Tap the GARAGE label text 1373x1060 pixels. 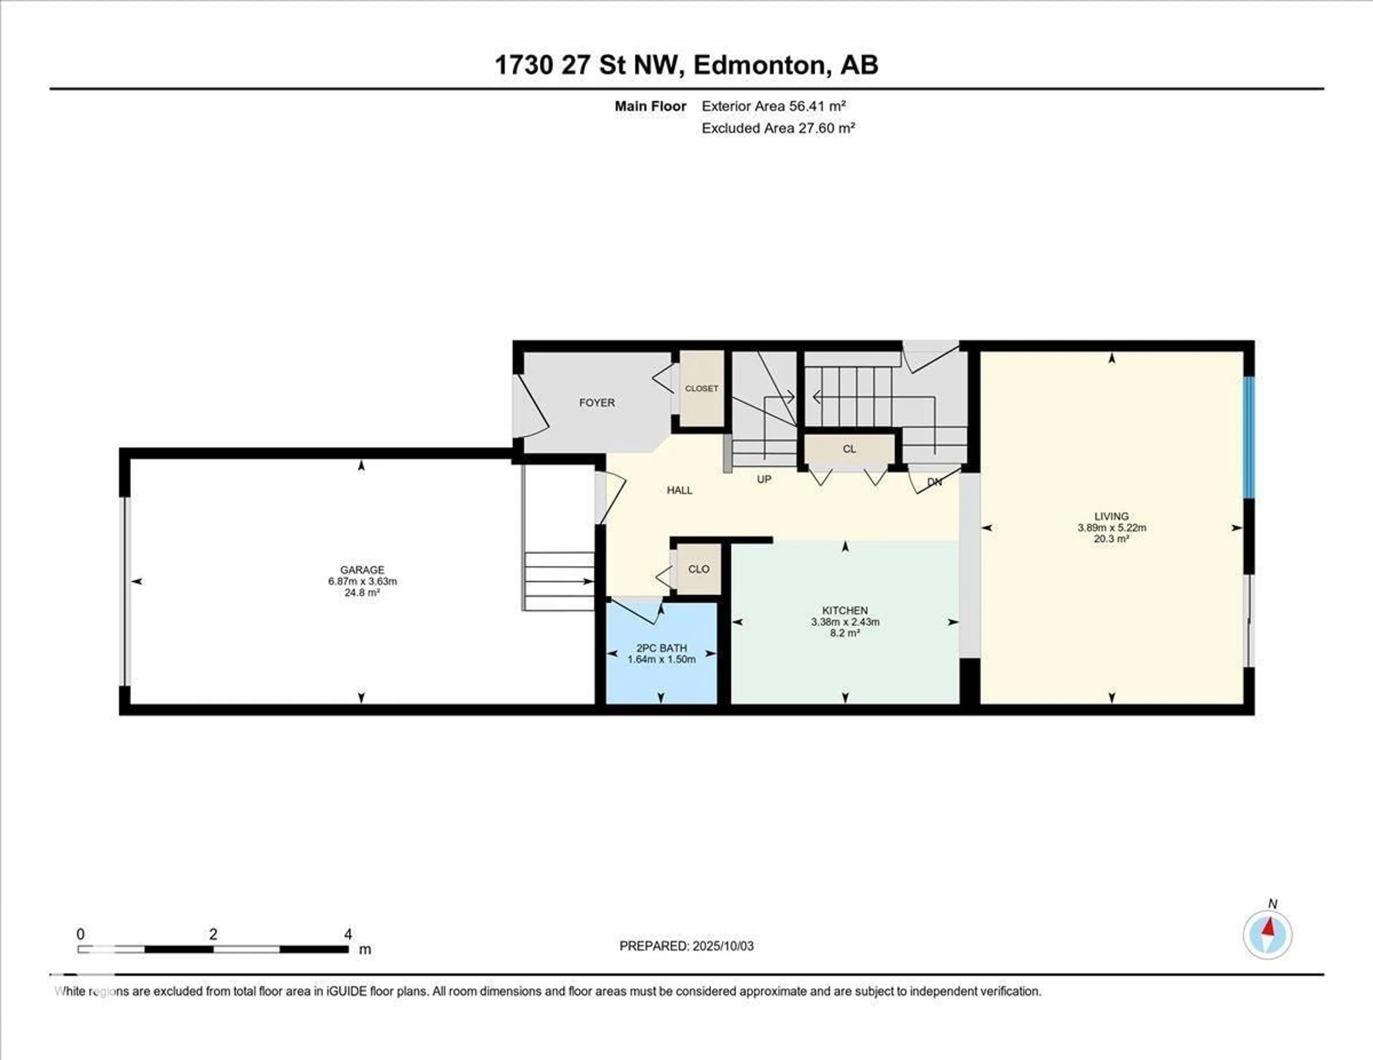362,570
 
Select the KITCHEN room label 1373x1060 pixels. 845,610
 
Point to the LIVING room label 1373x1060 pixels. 1112,516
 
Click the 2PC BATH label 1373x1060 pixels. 661,648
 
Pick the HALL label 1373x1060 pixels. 680,490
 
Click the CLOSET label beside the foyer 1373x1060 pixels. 702,389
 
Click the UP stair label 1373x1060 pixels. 764,479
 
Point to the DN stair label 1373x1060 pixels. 935,482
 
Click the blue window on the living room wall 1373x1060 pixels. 1249,437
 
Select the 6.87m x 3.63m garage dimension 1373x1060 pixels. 362,581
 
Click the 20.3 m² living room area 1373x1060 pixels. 1112,539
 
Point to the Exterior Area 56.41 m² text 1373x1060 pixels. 773,106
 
